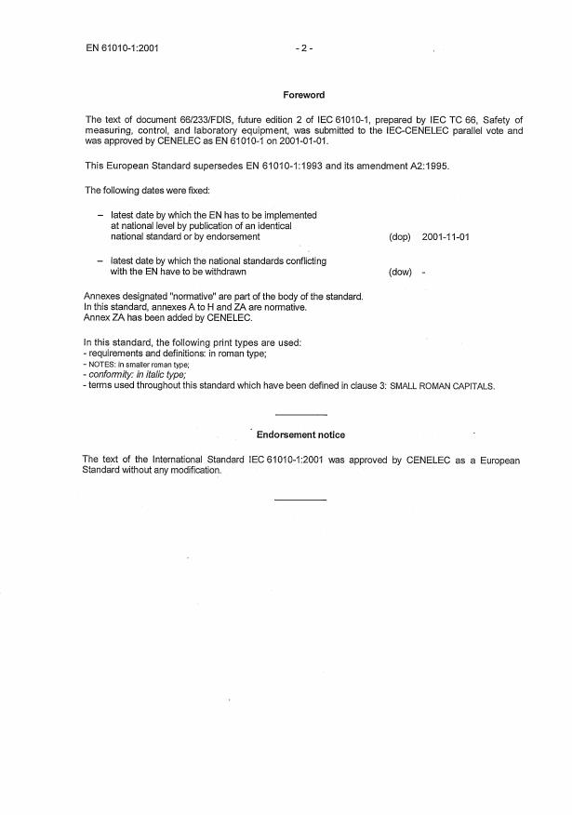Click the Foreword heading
303,95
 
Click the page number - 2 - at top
303,47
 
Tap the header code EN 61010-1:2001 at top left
122,47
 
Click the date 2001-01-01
301,141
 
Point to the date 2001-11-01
446,237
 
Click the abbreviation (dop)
400,237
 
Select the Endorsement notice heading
300,434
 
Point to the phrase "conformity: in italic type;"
135,375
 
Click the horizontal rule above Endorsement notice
301,414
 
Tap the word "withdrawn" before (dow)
224,273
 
